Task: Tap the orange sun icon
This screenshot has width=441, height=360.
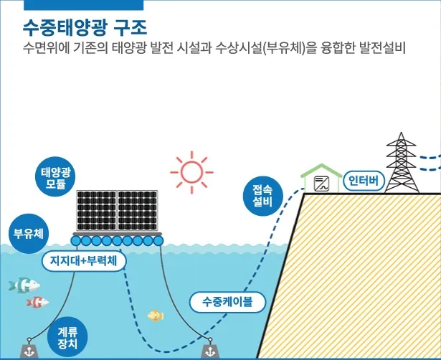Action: click(x=191, y=171)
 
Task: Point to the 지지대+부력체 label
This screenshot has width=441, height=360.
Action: click(x=85, y=260)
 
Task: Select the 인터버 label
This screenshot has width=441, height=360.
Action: click(x=364, y=179)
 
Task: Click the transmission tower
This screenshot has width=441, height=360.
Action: click(x=402, y=164)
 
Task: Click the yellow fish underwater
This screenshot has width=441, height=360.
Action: click(x=156, y=316)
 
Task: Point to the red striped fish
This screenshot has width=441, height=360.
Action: click(x=37, y=302)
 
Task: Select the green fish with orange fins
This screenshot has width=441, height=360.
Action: click(x=24, y=285)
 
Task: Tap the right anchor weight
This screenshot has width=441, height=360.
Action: click(x=210, y=350)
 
